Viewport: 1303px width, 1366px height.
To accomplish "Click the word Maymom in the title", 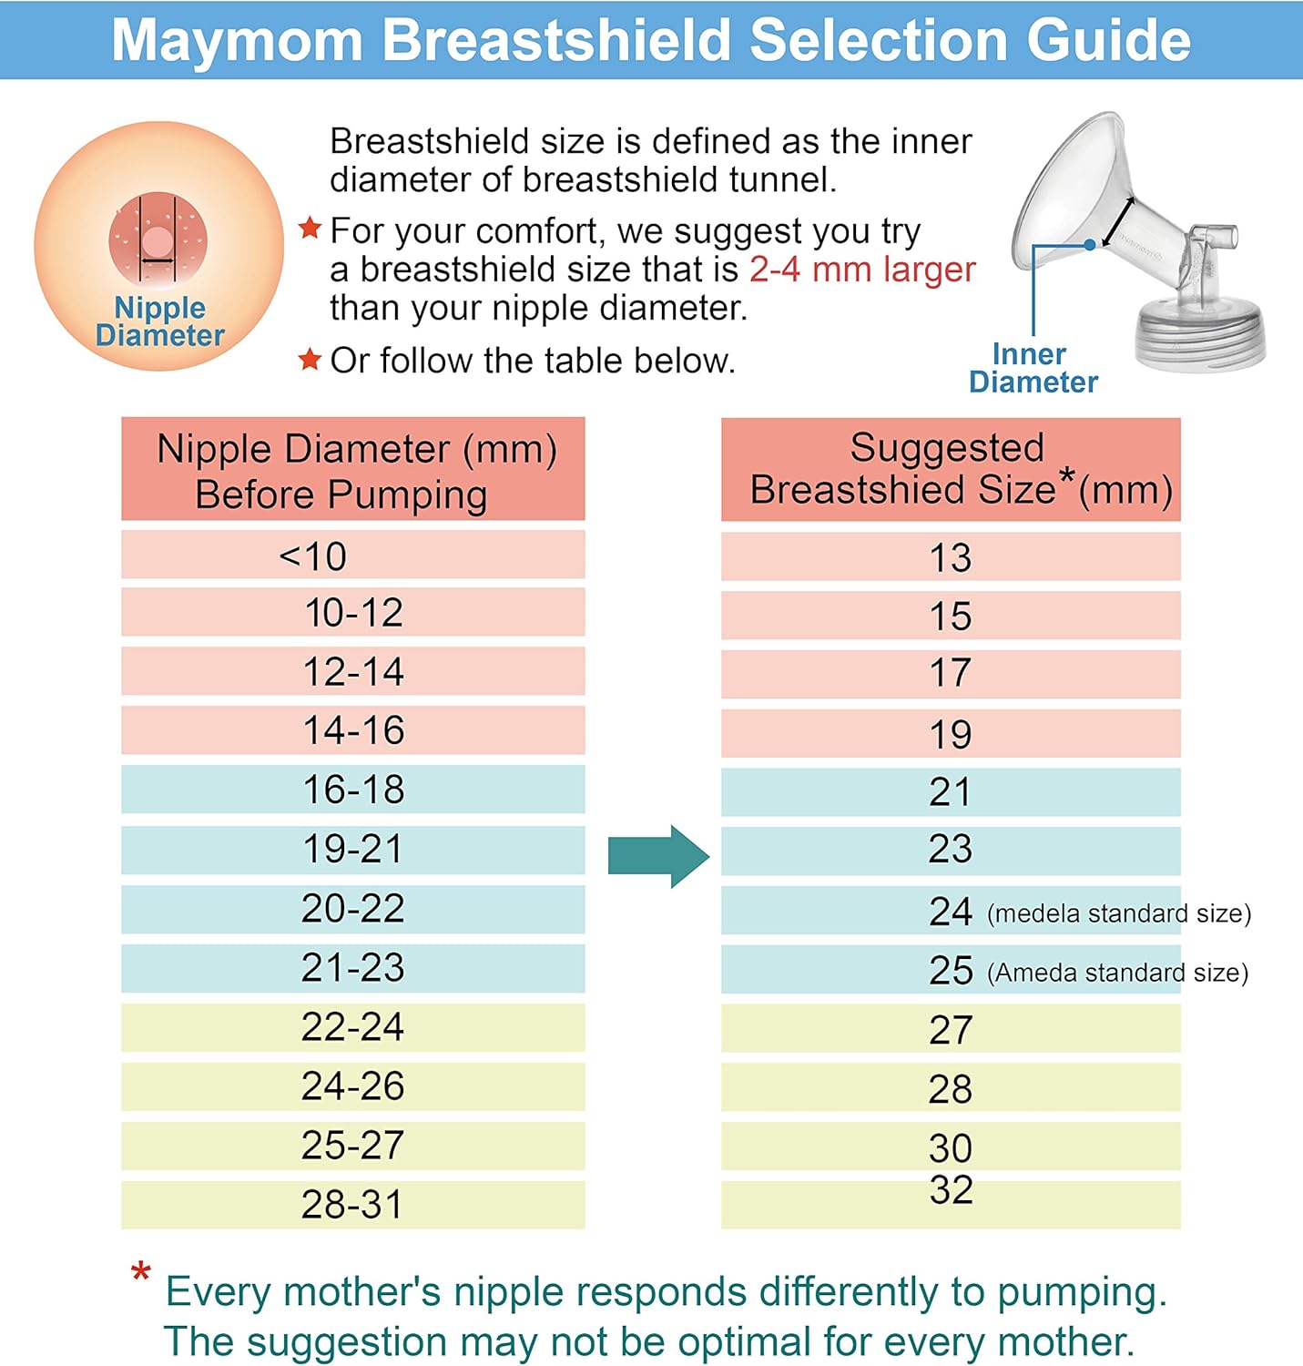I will (237, 41).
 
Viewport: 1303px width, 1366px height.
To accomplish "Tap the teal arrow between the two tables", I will (657, 856).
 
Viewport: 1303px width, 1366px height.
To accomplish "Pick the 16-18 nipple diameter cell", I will (353, 790).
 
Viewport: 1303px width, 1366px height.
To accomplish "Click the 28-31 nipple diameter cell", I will (353, 1205).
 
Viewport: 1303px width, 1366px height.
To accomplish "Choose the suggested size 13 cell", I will (950, 557).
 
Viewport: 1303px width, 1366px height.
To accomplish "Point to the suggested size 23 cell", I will (950, 850).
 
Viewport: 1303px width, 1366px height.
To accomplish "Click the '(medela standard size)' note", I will (1119, 913).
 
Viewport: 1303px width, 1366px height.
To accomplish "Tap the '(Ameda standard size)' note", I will (1117, 973).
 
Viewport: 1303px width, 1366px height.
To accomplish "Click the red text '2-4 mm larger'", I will (861, 270).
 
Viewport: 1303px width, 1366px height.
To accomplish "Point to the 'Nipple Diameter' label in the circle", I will (160, 321).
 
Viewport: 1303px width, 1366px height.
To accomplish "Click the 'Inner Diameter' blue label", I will (1033, 368).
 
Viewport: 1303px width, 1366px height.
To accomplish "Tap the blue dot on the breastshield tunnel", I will (1090, 245).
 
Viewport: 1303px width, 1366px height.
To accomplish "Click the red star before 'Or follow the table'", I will (310, 360).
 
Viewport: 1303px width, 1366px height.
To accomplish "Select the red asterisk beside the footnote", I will (141, 1272).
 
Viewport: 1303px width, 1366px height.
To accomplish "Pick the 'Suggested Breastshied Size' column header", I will (950, 469).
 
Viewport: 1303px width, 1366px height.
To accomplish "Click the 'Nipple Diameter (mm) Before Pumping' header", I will (353, 470).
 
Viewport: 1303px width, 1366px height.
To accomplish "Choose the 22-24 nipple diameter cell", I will (353, 1027).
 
